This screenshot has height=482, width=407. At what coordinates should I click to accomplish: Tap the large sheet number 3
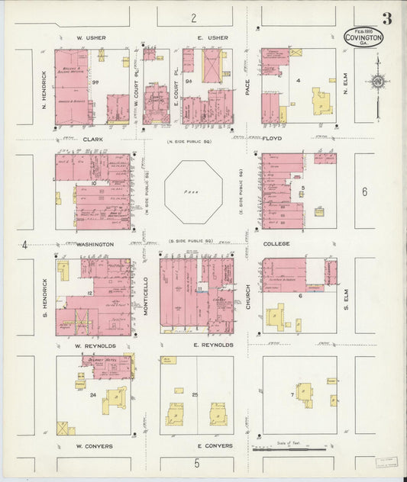[388, 18]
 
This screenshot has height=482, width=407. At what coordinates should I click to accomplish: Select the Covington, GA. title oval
[363, 37]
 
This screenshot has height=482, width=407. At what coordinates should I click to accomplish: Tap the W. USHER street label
[91, 37]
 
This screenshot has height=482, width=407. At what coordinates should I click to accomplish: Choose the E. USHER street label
[212, 37]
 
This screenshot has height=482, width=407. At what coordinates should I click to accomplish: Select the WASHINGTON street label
[94, 244]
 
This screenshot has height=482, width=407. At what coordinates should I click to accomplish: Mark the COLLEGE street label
[276, 244]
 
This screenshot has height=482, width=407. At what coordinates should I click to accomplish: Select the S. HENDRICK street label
[44, 294]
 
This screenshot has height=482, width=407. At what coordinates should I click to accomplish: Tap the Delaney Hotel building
[105, 365]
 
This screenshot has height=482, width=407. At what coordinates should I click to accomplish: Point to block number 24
[92, 395]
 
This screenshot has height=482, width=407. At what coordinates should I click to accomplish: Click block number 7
[292, 395]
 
